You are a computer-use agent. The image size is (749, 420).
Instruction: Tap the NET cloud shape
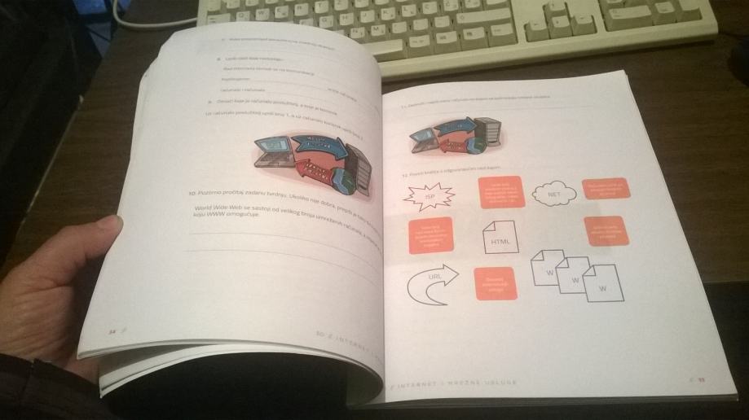pos(553,195)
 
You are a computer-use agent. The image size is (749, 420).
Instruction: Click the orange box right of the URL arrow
pos(495,286)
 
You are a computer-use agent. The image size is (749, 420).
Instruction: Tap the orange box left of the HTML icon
pos(430,236)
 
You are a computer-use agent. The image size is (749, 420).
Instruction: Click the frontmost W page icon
pos(601,286)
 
